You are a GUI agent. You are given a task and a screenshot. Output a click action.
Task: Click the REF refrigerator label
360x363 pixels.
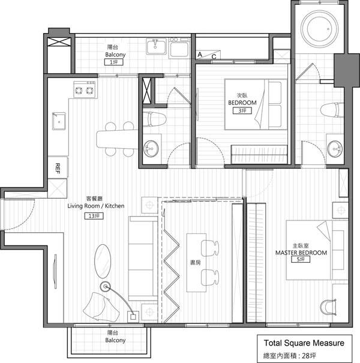[58, 169]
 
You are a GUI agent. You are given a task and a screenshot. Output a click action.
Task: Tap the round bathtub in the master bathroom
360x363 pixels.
[319, 29]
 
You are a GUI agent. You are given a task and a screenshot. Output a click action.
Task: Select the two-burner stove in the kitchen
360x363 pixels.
[85, 89]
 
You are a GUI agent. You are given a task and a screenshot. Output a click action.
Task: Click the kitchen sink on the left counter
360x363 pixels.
[59, 121]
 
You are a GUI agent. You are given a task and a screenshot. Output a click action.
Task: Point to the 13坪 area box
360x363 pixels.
[94, 216]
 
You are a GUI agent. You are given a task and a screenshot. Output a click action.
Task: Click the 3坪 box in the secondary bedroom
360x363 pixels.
[242, 110]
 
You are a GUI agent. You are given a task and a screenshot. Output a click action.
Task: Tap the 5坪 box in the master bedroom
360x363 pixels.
[301, 259]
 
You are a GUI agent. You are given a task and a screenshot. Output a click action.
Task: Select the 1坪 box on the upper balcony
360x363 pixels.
[113, 62]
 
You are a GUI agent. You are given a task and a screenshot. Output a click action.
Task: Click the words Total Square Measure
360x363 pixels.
[304, 343]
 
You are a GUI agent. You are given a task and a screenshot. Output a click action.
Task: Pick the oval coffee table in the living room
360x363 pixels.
[103, 261]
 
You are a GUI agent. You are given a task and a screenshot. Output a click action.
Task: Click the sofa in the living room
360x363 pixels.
[143, 259]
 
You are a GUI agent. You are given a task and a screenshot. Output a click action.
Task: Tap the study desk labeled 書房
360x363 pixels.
[196, 263]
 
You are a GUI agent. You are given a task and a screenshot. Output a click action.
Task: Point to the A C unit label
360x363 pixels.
[207, 56]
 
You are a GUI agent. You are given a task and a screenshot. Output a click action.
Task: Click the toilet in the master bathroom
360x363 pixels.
[332, 110]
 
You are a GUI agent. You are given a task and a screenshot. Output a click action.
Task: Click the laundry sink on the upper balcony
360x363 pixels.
[156, 46]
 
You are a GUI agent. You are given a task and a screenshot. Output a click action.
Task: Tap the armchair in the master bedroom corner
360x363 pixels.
[328, 307]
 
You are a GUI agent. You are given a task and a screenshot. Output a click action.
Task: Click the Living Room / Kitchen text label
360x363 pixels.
[96, 206]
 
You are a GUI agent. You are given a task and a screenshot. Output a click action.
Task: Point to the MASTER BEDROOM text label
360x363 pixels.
[301, 253]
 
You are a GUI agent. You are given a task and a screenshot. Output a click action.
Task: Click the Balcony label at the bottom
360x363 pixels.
[115, 340]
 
